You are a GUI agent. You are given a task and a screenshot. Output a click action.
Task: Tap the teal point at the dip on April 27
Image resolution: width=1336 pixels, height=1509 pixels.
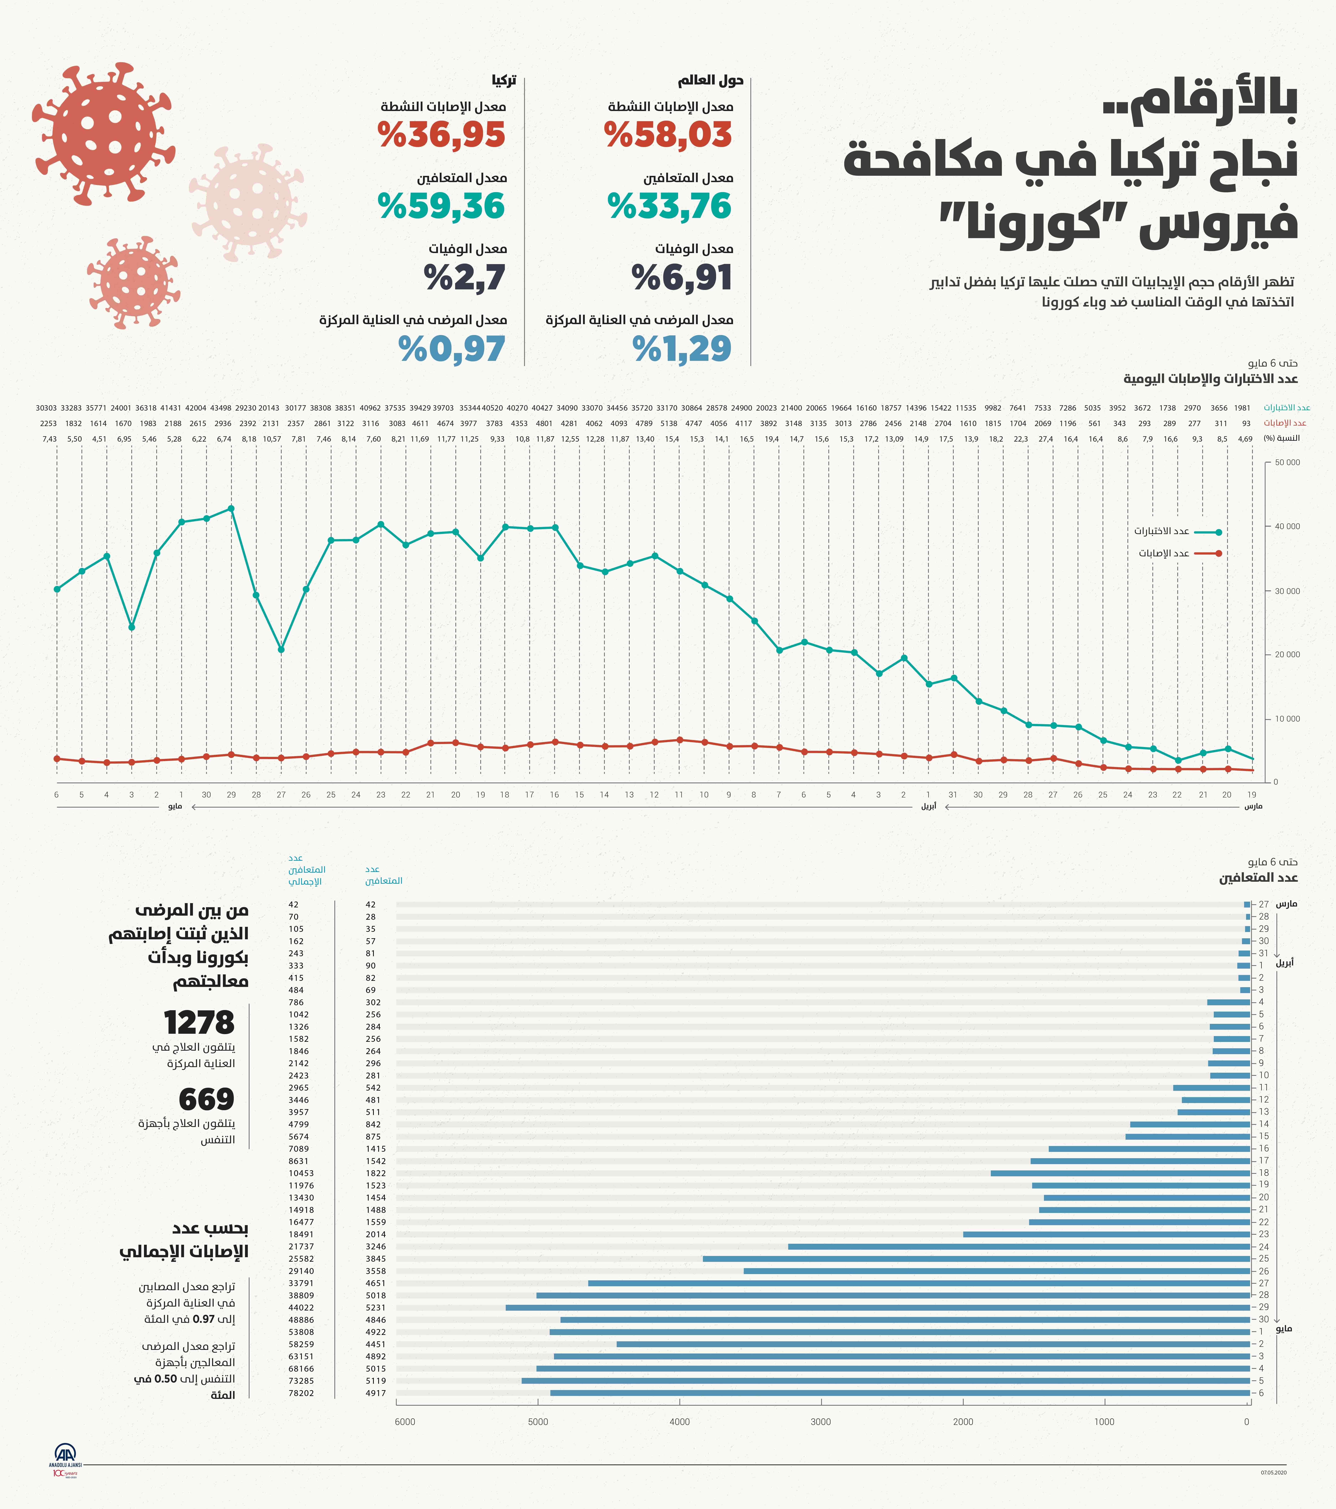coord(281,650)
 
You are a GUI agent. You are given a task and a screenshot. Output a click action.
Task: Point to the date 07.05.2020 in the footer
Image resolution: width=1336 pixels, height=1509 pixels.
coord(1273,1473)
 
